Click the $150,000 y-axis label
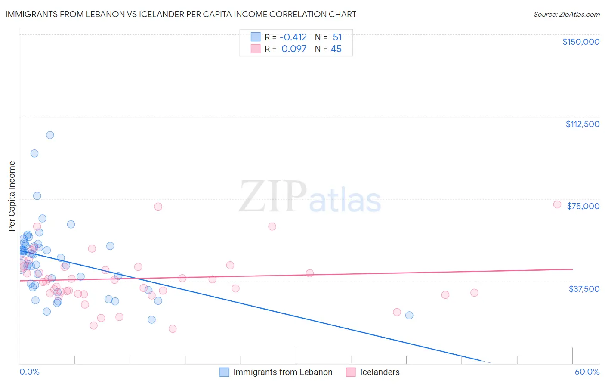(580, 42)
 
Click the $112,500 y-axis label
(582, 124)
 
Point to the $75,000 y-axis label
(583, 206)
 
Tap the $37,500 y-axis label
(584, 289)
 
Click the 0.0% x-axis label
(29, 372)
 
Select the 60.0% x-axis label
(587, 372)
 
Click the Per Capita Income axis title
(12, 196)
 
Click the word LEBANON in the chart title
(93, 14)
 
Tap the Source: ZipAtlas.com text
(566, 14)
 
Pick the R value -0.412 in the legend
(294, 37)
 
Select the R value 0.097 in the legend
(294, 49)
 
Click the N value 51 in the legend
(337, 37)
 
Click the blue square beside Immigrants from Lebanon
(224, 372)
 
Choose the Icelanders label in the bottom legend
(380, 372)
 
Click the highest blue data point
(50, 135)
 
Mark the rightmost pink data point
(557, 204)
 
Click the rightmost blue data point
(409, 315)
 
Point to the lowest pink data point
(173, 329)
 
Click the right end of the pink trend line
(572, 269)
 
